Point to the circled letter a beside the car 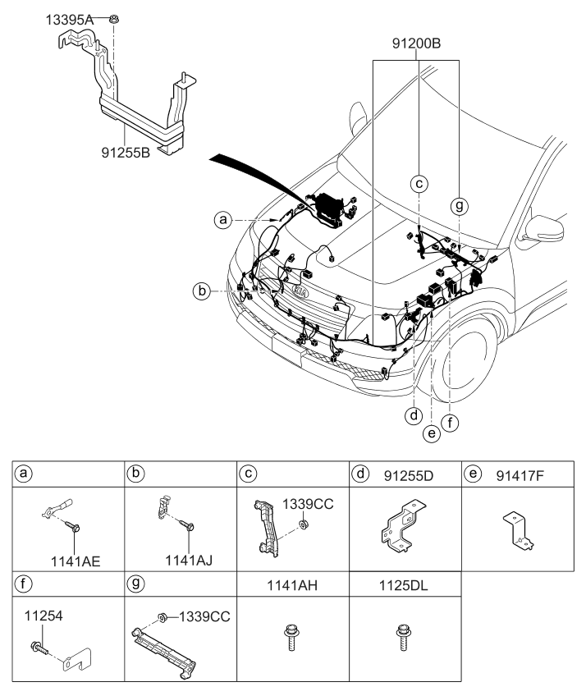coord(220,219)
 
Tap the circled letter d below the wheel coord(414,415)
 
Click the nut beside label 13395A coord(115,16)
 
